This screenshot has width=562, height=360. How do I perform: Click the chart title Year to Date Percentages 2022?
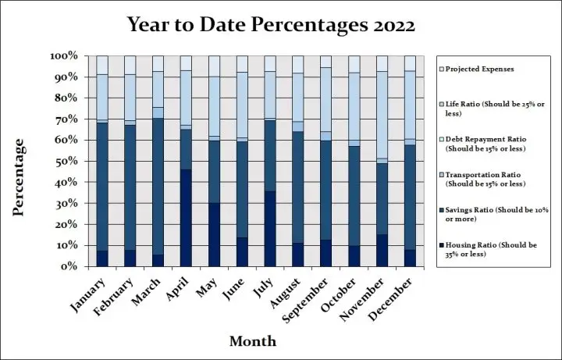[272, 25]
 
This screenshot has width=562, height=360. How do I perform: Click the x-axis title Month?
[252, 341]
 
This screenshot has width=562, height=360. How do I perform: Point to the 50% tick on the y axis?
[65, 161]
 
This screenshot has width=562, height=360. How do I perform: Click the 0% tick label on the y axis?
[68, 266]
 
